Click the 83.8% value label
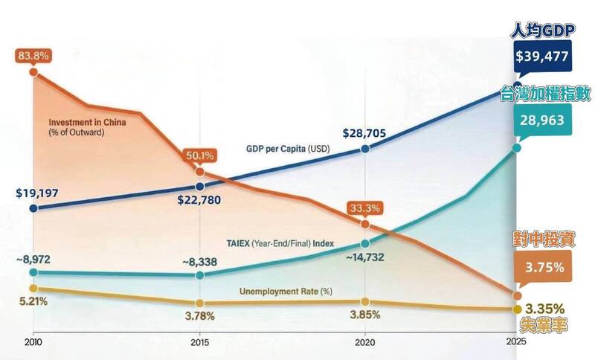[32, 56]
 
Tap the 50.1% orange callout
[199, 156]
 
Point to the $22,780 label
[199, 201]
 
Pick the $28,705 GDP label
[364, 133]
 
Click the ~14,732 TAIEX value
[364, 257]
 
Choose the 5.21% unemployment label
[33, 301]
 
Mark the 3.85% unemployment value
[364, 314]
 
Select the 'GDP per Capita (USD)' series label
[288, 148]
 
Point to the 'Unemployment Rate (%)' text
[285, 291]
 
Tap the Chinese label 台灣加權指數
[546, 94]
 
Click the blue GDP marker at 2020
[365, 149]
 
